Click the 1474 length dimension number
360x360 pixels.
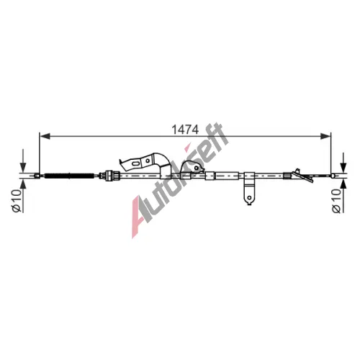(x=185, y=130)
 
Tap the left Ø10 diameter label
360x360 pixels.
(x=17, y=201)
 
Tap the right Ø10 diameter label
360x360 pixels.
(x=336, y=201)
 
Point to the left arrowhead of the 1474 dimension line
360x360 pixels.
(x=45, y=136)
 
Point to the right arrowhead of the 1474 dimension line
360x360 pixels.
(x=325, y=136)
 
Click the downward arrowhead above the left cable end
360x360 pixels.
(x=23, y=167)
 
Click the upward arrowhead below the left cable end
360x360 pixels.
(x=23, y=184)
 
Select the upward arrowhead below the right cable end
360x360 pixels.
(x=343, y=184)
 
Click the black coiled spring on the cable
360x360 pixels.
(x=69, y=176)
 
